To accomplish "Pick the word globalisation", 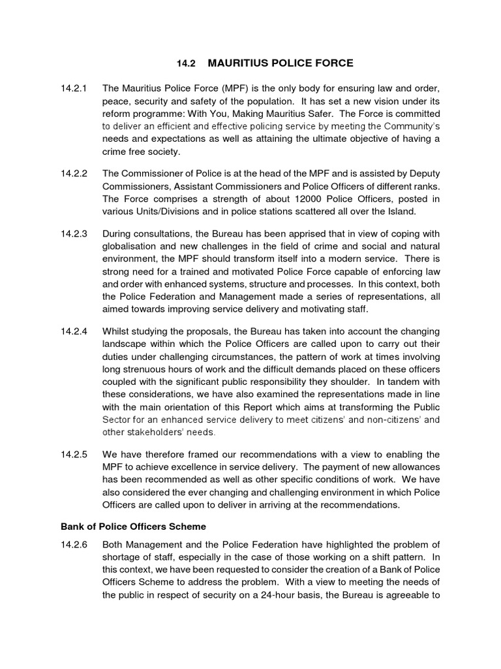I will (x=132, y=246).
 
